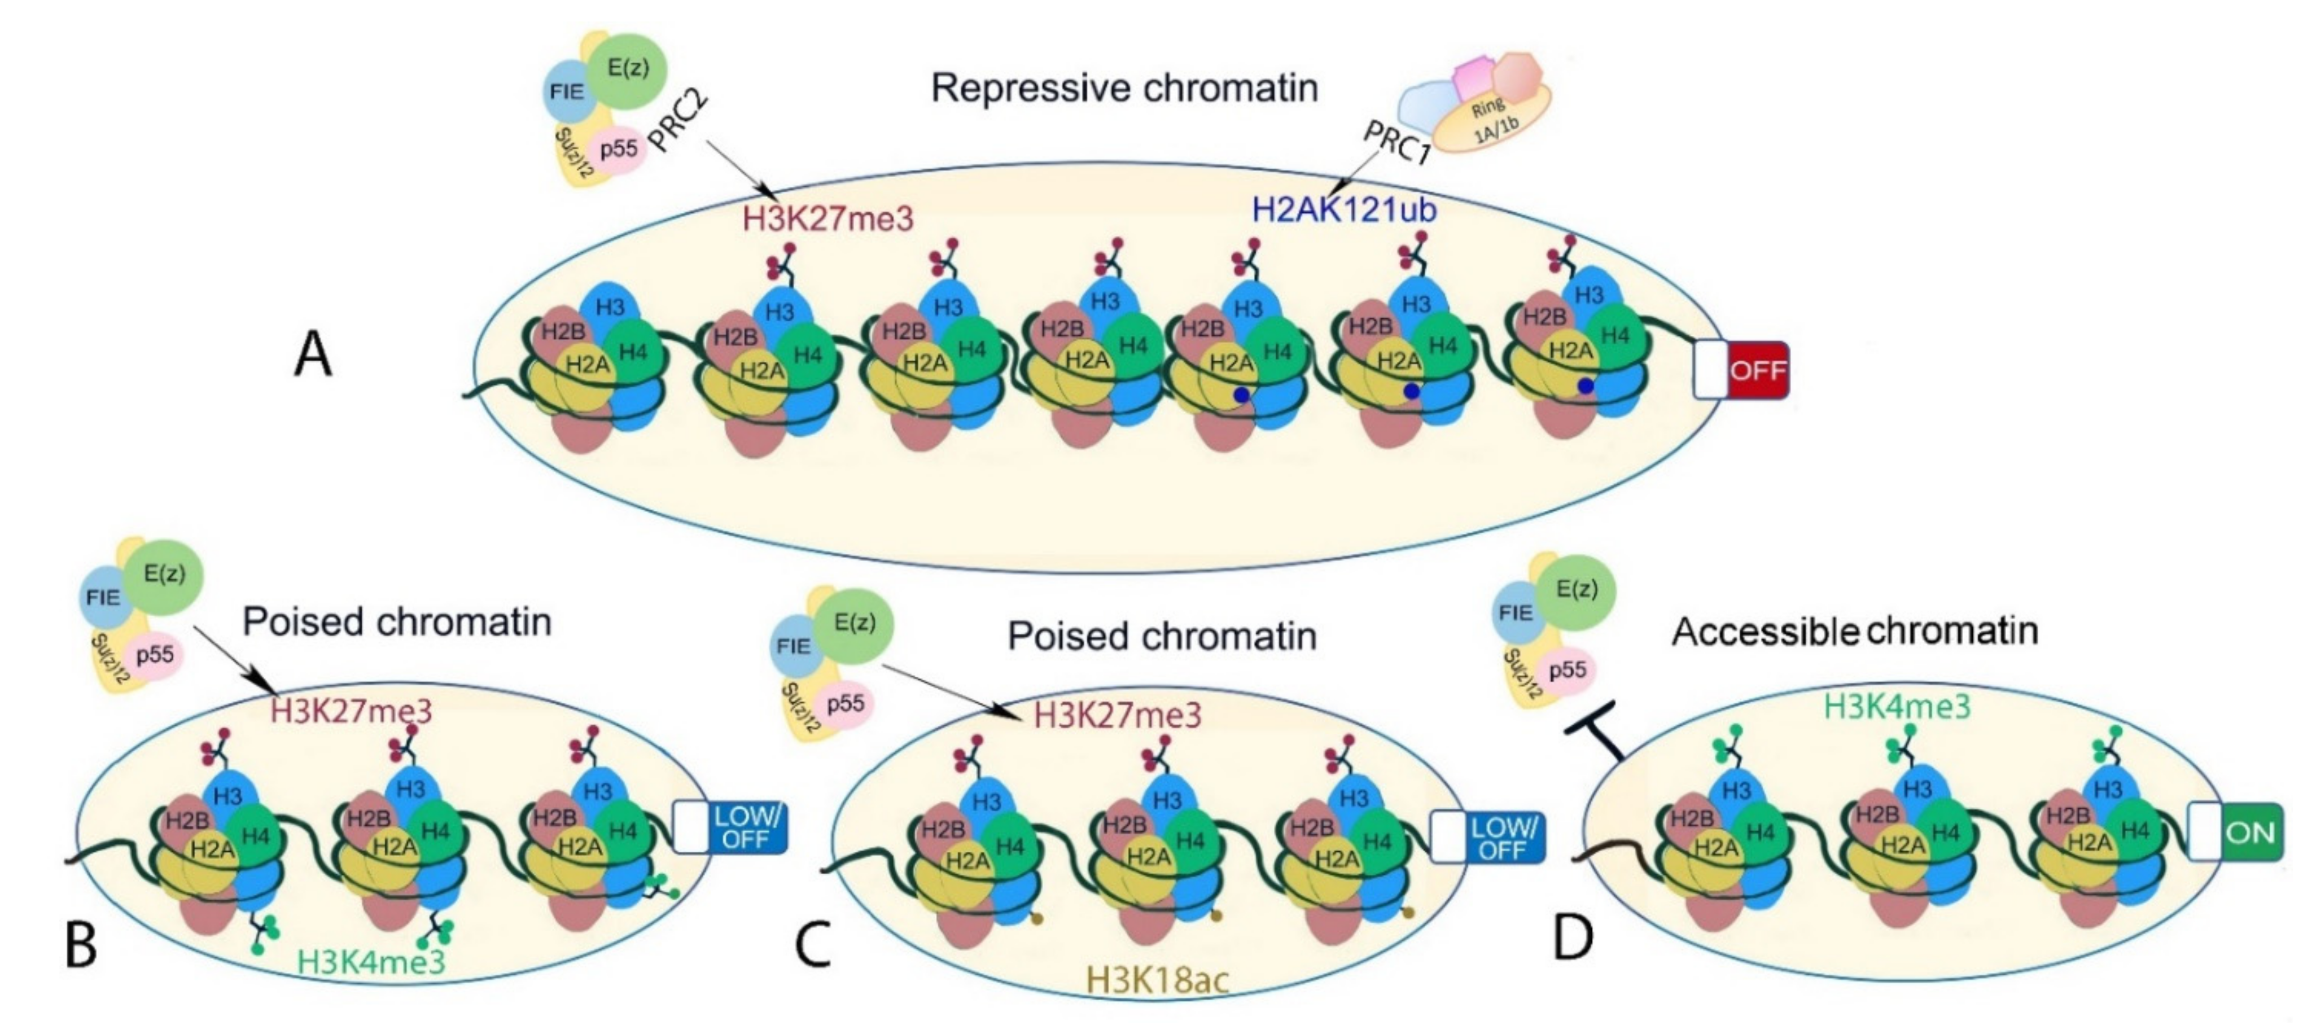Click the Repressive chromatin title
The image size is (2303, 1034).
pos(1124,87)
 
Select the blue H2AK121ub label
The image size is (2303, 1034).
pos(1344,209)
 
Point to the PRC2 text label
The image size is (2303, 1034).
pos(680,121)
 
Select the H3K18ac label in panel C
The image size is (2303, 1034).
pos(1157,979)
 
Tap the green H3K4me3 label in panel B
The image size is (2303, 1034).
pos(371,962)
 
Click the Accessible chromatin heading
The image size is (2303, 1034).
pos(1855,631)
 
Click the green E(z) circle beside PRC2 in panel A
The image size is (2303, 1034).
pos(628,70)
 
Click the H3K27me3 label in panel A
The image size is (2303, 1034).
pos(828,218)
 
